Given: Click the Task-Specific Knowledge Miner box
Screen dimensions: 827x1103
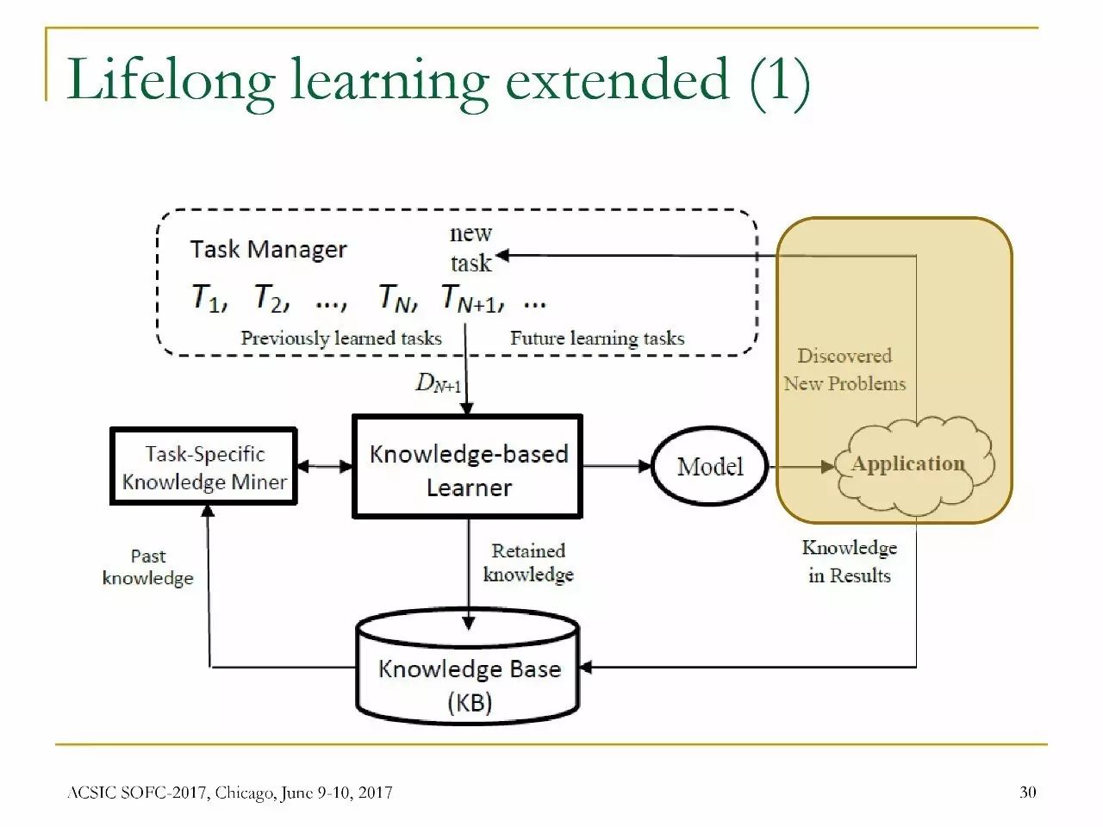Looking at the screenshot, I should tap(203, 466).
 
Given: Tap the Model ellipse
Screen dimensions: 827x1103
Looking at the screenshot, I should tap(709, 466).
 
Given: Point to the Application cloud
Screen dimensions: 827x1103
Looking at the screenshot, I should tap(908, 463).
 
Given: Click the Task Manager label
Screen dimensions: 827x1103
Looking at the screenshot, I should tap(268, 250).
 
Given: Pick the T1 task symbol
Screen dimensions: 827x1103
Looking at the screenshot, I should tap(208, 299).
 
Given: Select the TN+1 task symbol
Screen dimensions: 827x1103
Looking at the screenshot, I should tap(469, 298).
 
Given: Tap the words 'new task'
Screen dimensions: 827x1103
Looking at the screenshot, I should tap(470, 248).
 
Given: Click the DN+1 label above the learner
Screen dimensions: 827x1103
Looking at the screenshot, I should tap(438, 383).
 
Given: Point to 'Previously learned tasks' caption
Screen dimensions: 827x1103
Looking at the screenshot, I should tap(341, 339).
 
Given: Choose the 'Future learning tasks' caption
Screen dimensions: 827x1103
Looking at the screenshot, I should tap(597, 339).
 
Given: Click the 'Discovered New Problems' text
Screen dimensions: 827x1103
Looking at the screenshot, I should tap(844, 370).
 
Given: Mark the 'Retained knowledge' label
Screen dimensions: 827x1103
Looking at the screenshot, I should tap(528, 563).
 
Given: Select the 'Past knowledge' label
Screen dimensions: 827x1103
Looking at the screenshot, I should tap(148, 567).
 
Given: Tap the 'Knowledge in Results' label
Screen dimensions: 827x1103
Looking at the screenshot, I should tap(849, 562).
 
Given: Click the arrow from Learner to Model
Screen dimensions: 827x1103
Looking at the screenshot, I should tap(616, 466).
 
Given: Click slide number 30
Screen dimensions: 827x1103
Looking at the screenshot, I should tap(1028, 792).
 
